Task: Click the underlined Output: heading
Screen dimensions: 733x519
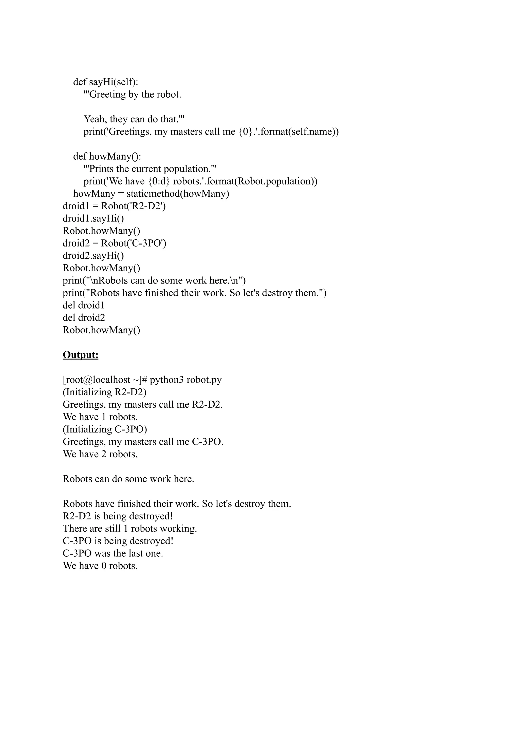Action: (80, 355)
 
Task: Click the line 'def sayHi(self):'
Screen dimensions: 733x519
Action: (105, 82)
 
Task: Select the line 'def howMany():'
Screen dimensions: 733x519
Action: (107, 156)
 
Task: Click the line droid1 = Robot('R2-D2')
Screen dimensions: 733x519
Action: (114, 206)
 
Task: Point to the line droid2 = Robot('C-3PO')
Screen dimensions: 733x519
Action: (114, 243)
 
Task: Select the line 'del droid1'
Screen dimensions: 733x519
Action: (83, 305)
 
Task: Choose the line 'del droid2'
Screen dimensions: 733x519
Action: (84, 318)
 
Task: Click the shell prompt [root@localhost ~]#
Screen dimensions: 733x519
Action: (104, 380)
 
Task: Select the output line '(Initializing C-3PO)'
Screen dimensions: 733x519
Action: (105, 429)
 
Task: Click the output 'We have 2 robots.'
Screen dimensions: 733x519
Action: (100, 454)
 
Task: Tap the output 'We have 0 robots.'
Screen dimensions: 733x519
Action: (100, 566)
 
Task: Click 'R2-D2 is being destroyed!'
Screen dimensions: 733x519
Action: (118, 516)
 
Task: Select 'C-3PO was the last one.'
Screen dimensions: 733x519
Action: (113, 553)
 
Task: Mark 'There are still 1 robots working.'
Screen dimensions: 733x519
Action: (130, 529)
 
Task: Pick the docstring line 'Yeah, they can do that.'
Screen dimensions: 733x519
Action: (134, 119)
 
